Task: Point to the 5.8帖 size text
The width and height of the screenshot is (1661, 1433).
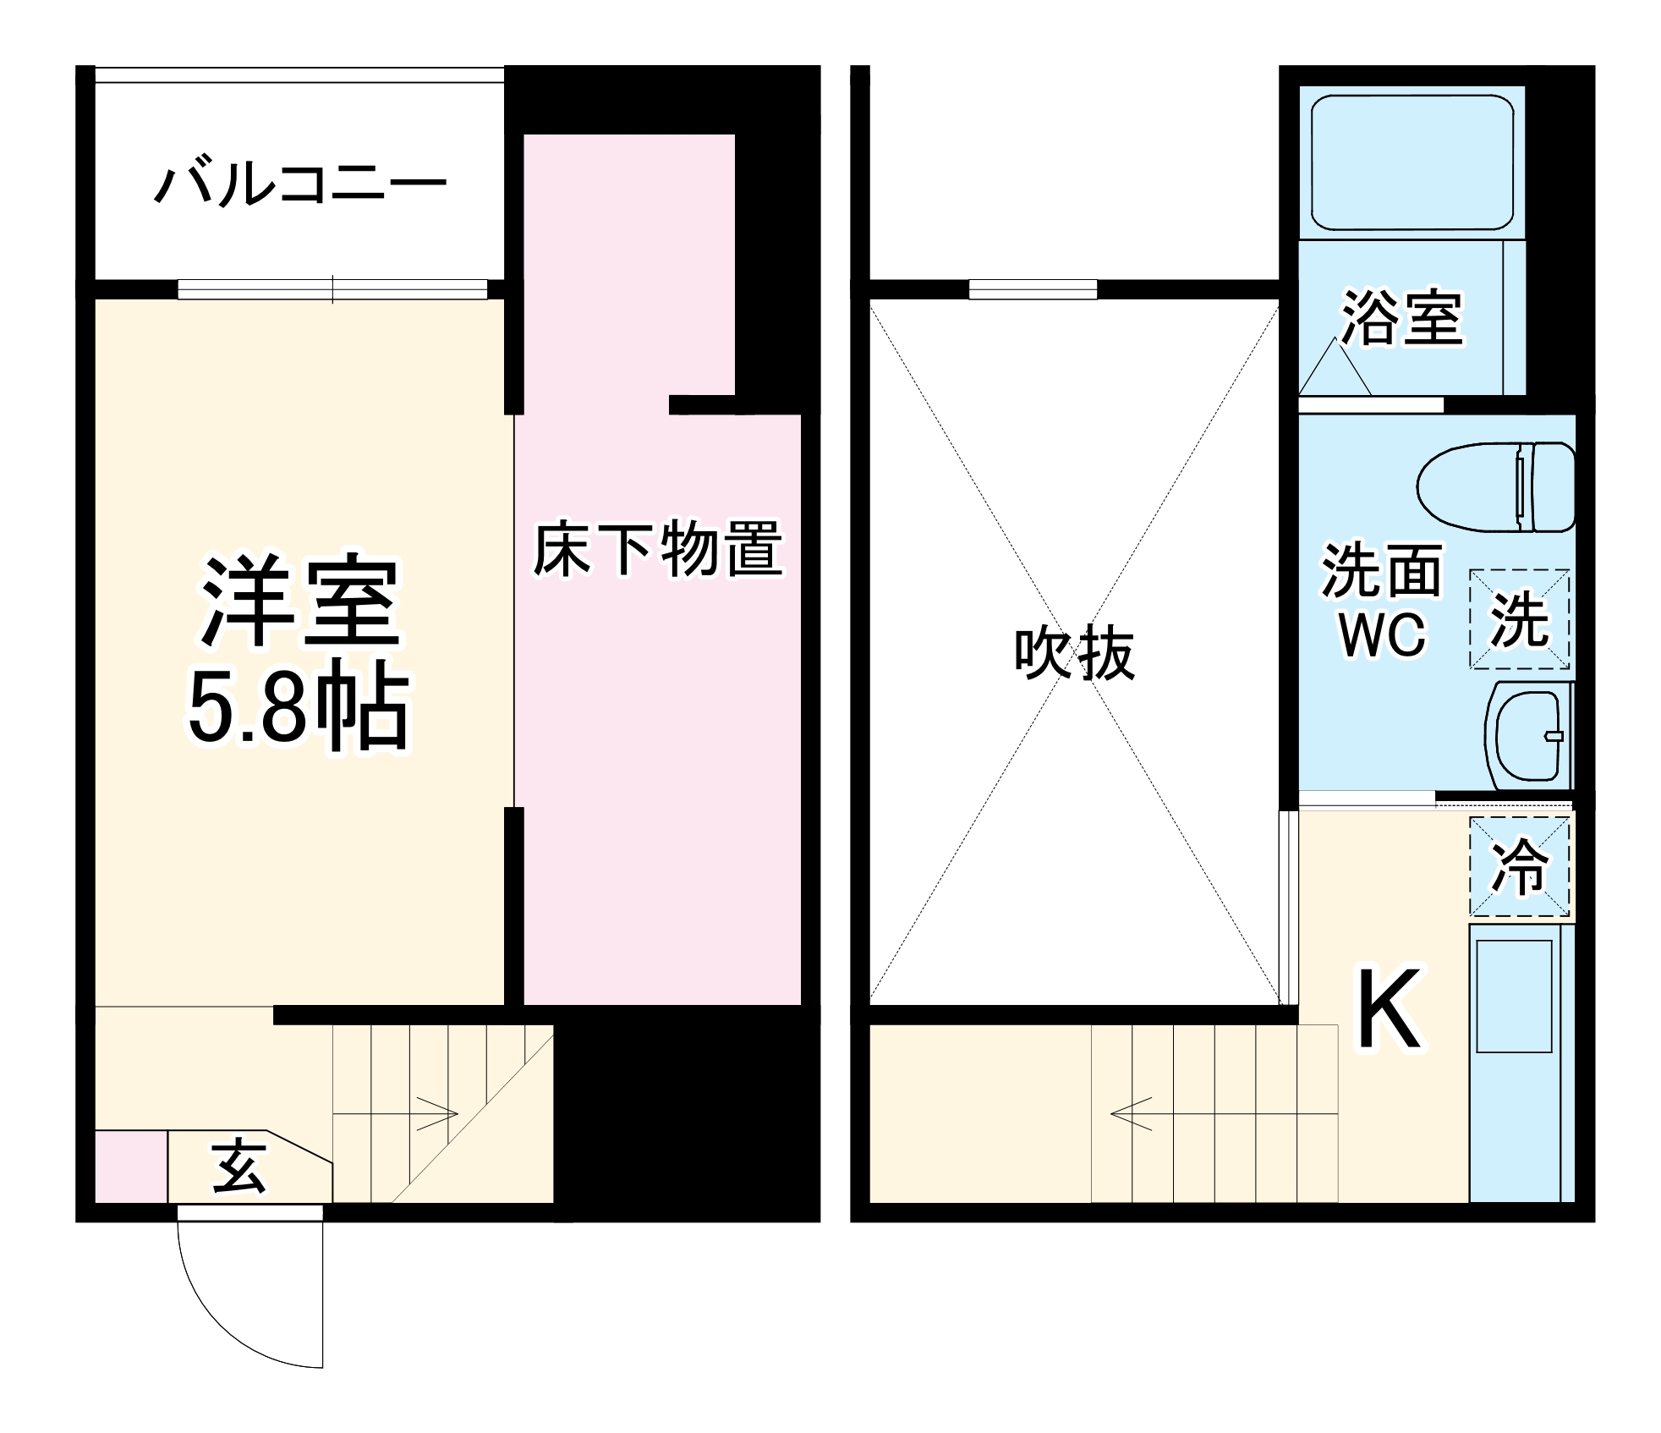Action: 298,707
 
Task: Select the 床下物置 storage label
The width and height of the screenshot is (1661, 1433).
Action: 657,550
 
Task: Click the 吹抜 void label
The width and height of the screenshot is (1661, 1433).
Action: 1074,653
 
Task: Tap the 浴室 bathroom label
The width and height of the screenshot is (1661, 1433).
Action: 1402,318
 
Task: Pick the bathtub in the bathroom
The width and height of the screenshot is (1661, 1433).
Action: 1412,162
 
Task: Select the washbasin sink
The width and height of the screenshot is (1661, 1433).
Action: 1527,735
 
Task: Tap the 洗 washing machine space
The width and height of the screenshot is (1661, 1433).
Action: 1519,619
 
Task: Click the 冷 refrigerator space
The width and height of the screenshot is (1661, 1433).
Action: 1519,866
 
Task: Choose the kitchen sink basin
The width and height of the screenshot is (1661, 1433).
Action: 1514,996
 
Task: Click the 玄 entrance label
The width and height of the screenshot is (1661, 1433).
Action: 239,1167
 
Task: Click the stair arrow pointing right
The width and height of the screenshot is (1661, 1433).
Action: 436,1113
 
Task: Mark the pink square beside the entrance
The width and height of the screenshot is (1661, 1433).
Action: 130,1166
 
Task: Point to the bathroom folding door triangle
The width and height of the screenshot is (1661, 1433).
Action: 1335,371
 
